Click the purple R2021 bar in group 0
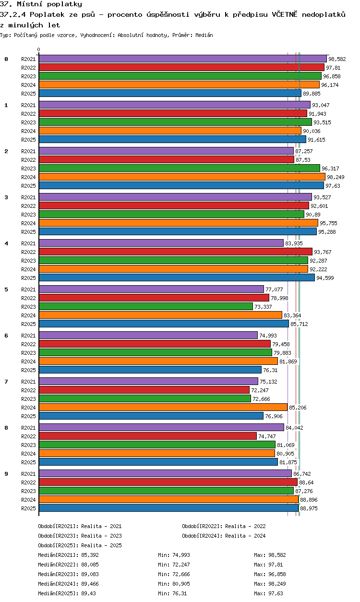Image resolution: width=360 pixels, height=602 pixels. click(182, 59)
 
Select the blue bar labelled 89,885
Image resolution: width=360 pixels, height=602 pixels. click(170, 93)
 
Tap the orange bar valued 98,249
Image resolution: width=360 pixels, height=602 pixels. click(182, 177)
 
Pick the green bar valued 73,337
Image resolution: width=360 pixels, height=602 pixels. click(145, 306)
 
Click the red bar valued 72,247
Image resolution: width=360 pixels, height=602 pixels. click(144, 390)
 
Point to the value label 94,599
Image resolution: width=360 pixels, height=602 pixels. click(325, 278)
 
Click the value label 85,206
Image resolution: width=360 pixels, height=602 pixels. click(297, 408)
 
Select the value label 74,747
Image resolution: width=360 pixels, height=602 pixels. click(267, 436)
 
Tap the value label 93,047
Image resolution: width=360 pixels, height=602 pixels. click(321, 105)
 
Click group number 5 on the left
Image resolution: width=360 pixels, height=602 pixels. click(6, 289)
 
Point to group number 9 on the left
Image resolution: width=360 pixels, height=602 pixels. click(6, 474)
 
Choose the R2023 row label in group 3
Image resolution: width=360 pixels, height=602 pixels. click(28, 215)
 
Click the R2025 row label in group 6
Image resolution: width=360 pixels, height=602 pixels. click(28, 370)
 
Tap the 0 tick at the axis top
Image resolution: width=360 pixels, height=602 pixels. click(39, 49)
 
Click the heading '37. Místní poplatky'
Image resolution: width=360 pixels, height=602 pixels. click(41, 4)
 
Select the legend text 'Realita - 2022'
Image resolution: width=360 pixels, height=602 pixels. click(245, 526)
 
